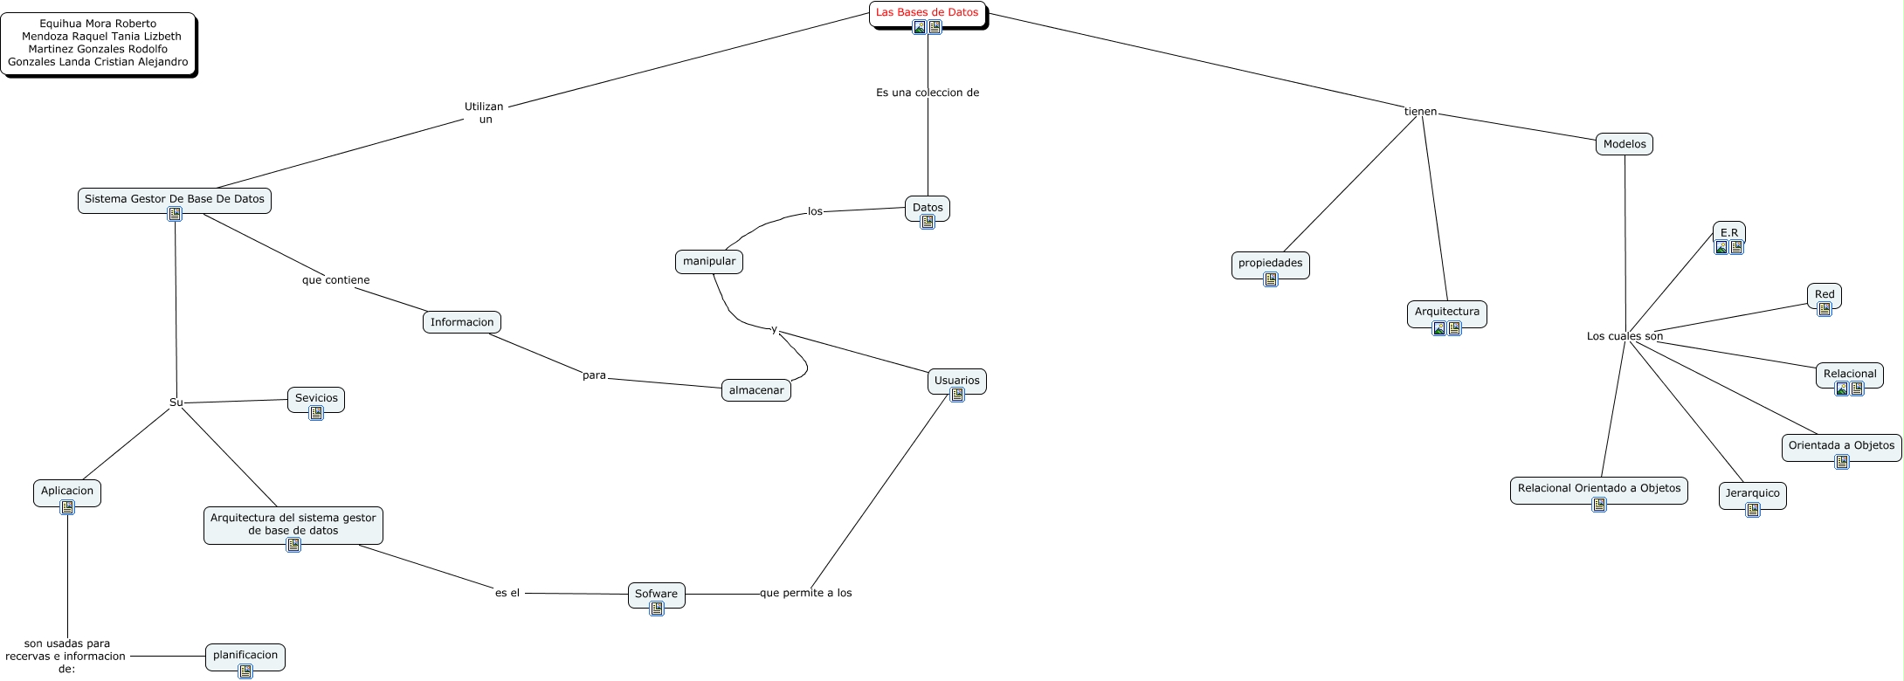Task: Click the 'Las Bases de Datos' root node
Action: pyautogui.click(x=927, y=12)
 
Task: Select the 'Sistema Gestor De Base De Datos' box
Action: pyautogui.click(x=174, y=199)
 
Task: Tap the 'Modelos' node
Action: pyautogui.click(x=1624, y=144)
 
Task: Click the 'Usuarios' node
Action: pyautogui.click(x=956, y=380)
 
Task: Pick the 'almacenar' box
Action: pyautogui.click(x=755, y=390)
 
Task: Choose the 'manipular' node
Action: pyautogui.click(x=708, y=261)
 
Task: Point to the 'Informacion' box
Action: pyautogui.click(x=461, y=322)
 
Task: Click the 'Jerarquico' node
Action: pyautogui.click(x=1752, y=493)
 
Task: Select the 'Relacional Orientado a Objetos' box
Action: pyautogui.click(x=1598, y=488)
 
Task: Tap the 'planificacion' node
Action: pyautogui.click(x=245, y=655)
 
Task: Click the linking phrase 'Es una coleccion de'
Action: pyautogui.click(x=927, y=93)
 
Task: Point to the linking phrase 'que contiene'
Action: pyautogui.click(x=335, y=280)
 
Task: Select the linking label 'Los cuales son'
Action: pyautogui.click(x=1624, y=336)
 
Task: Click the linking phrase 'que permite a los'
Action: pyautogui.click(x=805, y=593)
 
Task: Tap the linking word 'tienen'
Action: pyautogui.click(x=1420, y=112)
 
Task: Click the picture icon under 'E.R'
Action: pyautogui.click(x=1721, y=247)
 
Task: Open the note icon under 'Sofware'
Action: pyautogui.click(x=657, y=609)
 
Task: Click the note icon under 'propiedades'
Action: pyautogui.click(x=1271, y=279)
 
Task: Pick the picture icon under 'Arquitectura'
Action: pyautogui.click(x=1439, y=328)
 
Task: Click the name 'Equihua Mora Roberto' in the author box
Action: pyautogui.click(x=98, y=24)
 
